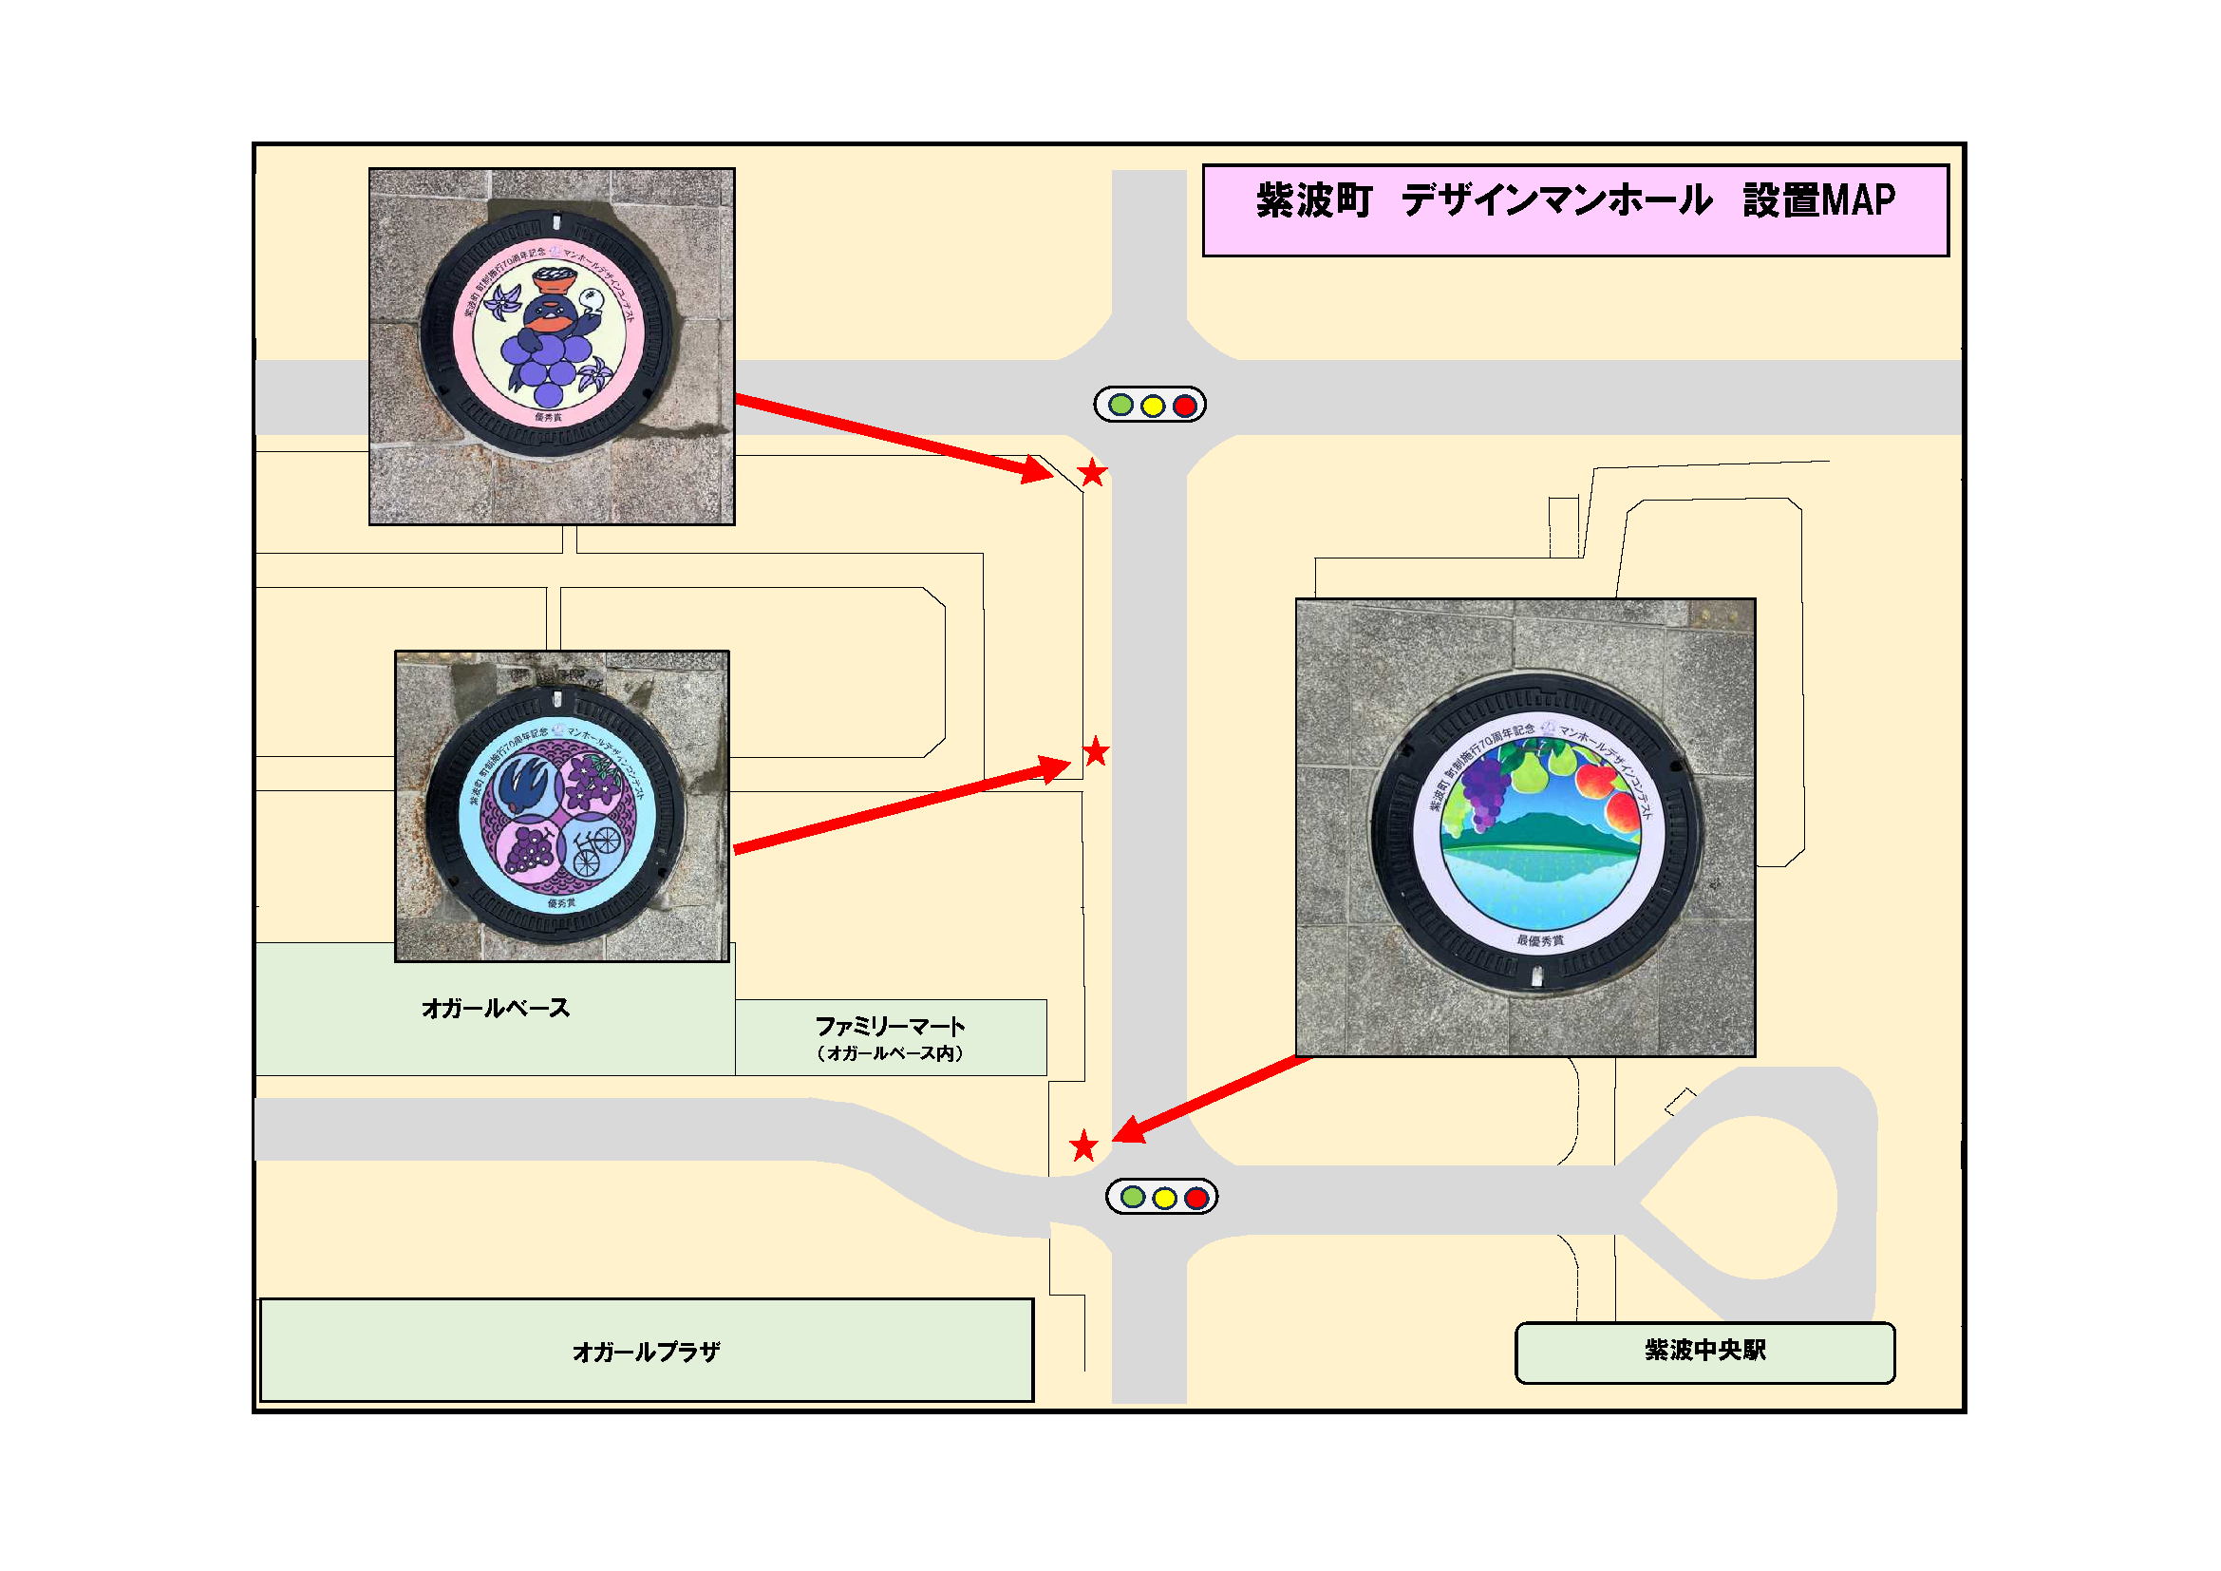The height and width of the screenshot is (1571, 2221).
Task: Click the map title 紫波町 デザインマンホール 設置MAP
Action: click(1574, 201)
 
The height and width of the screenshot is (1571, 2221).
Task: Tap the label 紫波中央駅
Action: click(1704, 1351)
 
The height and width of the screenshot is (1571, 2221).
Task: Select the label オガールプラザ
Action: click(647, 1352)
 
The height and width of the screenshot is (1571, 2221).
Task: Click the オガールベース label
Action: click(496, 1008)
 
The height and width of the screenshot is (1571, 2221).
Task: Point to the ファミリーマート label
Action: click(890, 1027)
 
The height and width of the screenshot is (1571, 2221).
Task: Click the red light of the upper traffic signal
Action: click(1184, 406)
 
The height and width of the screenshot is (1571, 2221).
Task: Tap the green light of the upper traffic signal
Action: click(1120, 406)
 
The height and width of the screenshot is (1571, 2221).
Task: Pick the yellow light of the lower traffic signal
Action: click(1165, 1199)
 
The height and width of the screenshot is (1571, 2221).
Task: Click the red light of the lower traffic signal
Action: click(1196, 1199)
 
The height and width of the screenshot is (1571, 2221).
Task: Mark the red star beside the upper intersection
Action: click(1092, 473)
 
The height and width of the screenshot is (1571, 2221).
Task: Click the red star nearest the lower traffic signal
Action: click(1083, 1146)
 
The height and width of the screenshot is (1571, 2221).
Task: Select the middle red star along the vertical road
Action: click(1095, 751)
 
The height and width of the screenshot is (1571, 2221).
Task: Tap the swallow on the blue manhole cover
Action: click(528, 785)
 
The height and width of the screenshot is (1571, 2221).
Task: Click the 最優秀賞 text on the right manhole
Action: click(1540, 940)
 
